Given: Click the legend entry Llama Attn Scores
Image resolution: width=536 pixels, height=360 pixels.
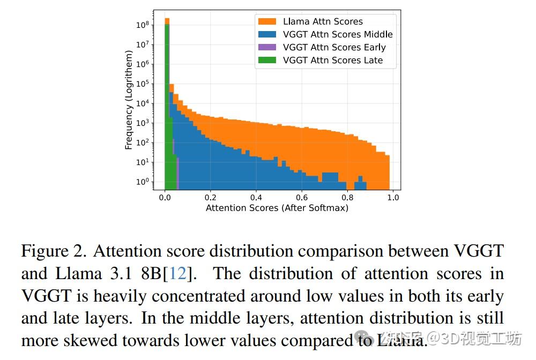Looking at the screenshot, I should point(323,21).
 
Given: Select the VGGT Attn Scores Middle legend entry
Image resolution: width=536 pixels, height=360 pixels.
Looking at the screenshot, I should point(338,34).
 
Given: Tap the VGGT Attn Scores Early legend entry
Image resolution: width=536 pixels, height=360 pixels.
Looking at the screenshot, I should point(334,47).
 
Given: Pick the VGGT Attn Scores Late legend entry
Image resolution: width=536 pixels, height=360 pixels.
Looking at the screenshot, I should point(333,60).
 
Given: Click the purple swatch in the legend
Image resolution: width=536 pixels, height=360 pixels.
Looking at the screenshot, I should point(267,47).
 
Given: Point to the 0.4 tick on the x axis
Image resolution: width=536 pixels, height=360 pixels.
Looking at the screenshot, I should point(256,197).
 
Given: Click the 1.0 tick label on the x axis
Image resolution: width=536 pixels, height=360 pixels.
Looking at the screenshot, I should point(393,197).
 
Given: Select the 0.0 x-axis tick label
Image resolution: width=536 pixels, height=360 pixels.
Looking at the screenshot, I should point(165,197).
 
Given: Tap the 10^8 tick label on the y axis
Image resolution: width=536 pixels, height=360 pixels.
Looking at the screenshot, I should point(142,25).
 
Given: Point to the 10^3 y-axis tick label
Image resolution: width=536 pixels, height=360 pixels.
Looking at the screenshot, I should point(142,123).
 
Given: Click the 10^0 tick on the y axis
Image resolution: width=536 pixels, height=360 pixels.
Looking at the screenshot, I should point(142,182).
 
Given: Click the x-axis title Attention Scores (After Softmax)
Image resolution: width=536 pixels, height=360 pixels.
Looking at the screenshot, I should point(277,208).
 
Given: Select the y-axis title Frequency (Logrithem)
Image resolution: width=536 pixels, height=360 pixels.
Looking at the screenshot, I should point(129,100).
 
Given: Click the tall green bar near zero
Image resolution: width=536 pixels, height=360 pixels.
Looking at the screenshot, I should point(167,107).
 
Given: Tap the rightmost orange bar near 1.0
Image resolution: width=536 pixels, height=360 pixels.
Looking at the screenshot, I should point(387,171).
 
